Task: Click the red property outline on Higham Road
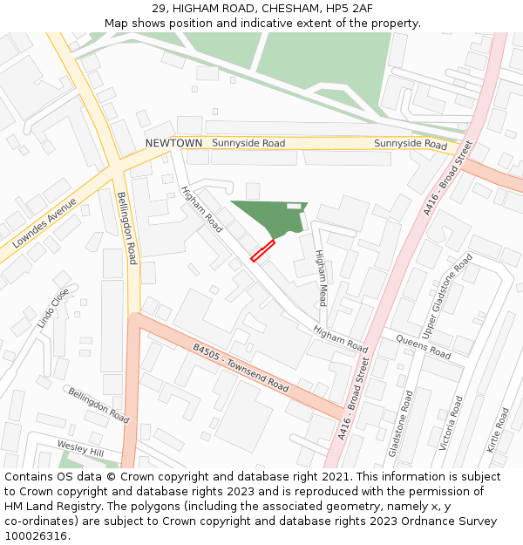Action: pos(262,251)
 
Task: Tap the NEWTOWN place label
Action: pos(173,143)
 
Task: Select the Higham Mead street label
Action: pos(321,277)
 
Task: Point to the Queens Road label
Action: pos(423,347)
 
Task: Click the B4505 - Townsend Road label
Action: pos(241,367)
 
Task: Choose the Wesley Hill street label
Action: pos(80,447)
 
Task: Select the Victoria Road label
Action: pos(452,423)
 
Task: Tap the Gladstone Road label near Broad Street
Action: pos(400,424)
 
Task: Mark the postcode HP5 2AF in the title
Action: pos(343,8)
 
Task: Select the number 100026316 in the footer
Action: pos(35,536)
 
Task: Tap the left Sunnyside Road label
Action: pos(248,143)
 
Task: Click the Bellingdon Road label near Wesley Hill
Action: pos(99,406)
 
